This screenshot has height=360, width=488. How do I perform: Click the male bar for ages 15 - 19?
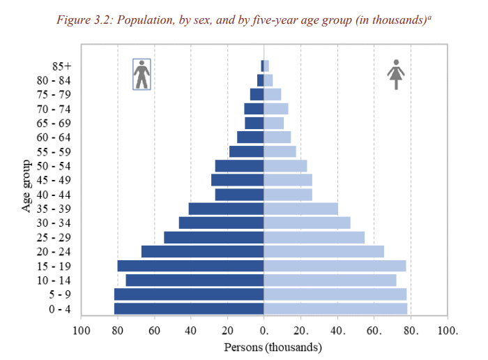(x=190, y=266)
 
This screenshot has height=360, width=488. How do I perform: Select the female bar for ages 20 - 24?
(x=323, y=251)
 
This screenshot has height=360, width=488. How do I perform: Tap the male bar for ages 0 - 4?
(x=189, y=308)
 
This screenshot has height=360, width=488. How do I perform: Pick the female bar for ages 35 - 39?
(x=300, y=209)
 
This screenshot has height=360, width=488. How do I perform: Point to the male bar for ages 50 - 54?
(x=239, y=165)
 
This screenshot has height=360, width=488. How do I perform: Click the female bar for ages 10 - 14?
(x=330, y=280)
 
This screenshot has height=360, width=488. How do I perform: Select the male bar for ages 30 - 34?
(x=221, y=223)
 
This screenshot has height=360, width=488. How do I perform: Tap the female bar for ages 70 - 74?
(x=275, y=109)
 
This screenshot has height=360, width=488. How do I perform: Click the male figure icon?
(x=142, y=74)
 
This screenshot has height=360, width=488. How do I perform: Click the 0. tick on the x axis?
(x=264, y=330)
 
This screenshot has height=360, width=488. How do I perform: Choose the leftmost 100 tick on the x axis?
(x=81, y=330)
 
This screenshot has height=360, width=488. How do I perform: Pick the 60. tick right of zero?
(x=374, y=330)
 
